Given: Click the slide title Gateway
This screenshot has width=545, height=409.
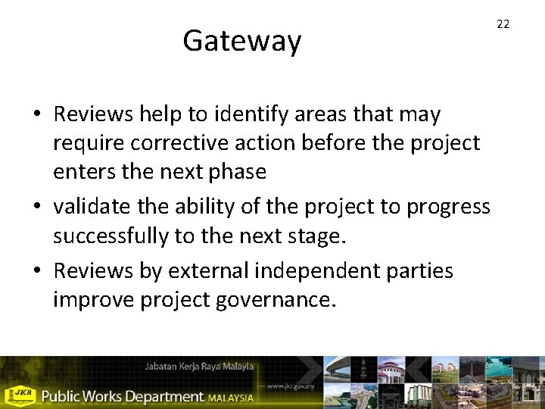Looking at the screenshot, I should (x=241, y=41).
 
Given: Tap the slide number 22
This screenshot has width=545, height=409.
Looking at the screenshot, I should (x=503, y=24).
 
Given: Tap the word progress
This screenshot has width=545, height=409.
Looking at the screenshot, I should (x=448, y=206).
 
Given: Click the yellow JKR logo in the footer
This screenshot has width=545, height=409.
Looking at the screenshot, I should (x=20, y=395).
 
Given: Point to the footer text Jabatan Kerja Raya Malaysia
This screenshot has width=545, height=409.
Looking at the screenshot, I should (x=199, y=367).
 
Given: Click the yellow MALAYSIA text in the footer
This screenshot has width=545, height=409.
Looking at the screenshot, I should (x=231, y=396).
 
